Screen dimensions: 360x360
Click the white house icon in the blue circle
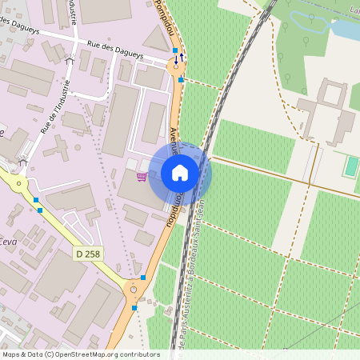pos(180,172)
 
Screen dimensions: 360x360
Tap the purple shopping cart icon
pos(142,177)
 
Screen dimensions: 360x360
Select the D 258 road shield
pos(89,254)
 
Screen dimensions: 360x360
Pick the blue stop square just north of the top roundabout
pos(175,50)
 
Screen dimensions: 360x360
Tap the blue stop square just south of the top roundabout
pos(182,80)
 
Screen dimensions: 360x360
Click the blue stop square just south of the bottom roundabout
pos(134,306)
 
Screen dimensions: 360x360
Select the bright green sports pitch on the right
pos(351,166)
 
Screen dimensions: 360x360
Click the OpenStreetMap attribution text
pos(81,354)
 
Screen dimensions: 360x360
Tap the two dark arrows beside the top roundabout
pos(181,57)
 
